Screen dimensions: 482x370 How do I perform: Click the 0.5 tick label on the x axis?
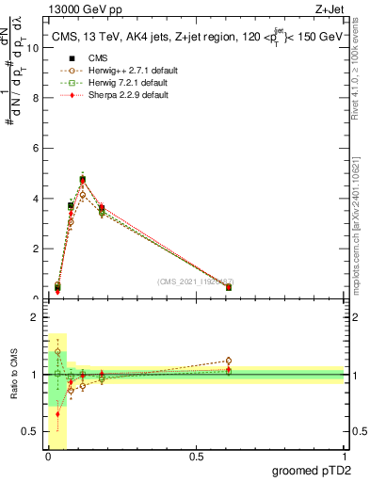[196, 457]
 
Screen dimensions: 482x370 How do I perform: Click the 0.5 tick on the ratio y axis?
[31, 431]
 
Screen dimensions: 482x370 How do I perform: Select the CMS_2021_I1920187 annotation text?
[195, 281]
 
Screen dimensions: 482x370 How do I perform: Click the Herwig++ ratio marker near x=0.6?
[229, 361]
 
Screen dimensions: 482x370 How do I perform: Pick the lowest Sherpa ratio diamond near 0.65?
[58, 413]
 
